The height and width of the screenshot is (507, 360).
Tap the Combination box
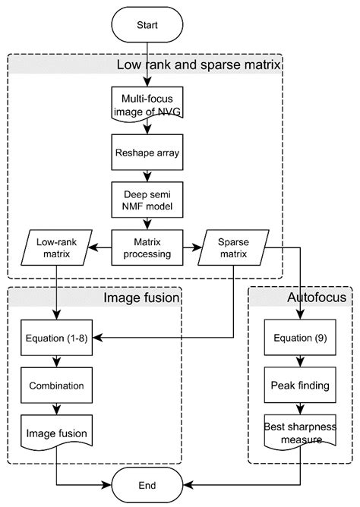click(57, 385)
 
